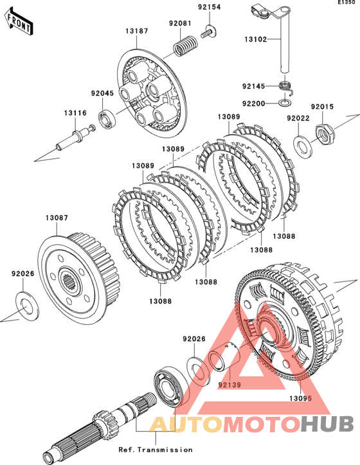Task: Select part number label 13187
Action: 136,31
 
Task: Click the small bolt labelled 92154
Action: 209,32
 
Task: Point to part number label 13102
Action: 255,39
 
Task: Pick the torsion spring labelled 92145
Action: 286,87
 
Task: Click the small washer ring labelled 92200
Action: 285,103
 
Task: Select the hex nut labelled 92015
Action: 324,133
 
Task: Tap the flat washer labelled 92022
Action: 303,146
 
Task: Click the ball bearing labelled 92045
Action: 107,119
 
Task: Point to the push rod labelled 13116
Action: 75,138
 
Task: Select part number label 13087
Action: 57,218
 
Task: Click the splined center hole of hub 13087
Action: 70,281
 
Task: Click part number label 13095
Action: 301,398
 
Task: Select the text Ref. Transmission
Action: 156,450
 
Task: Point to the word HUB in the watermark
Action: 327,424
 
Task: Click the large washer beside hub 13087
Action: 27,306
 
